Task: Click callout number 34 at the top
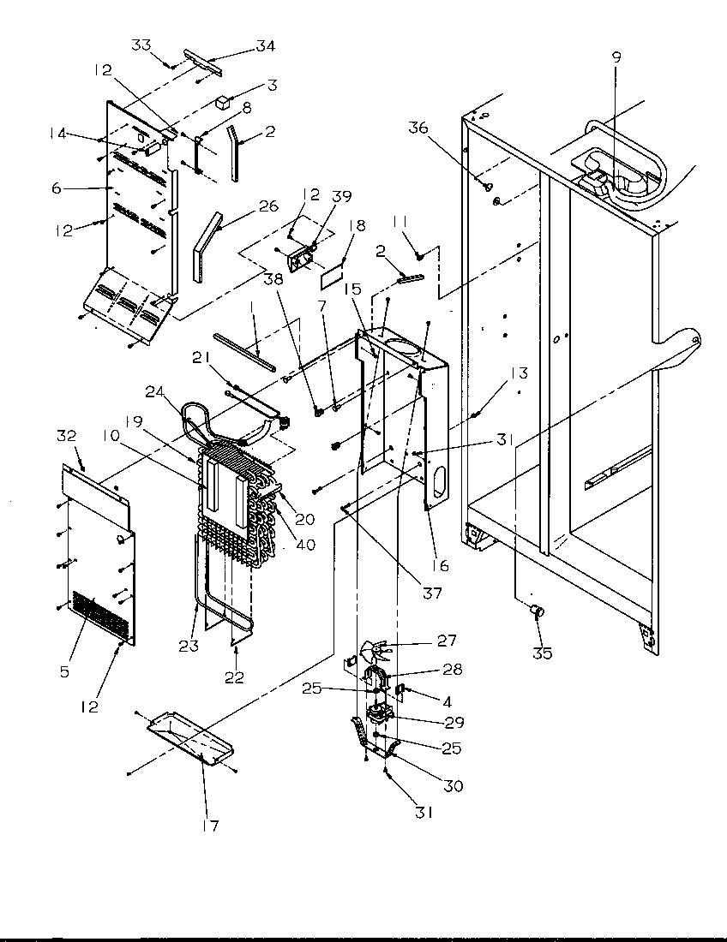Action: coord(267,45)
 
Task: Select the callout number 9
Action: coord(616,58)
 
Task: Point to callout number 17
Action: coord(210,826)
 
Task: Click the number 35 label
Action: coord(542,653)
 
